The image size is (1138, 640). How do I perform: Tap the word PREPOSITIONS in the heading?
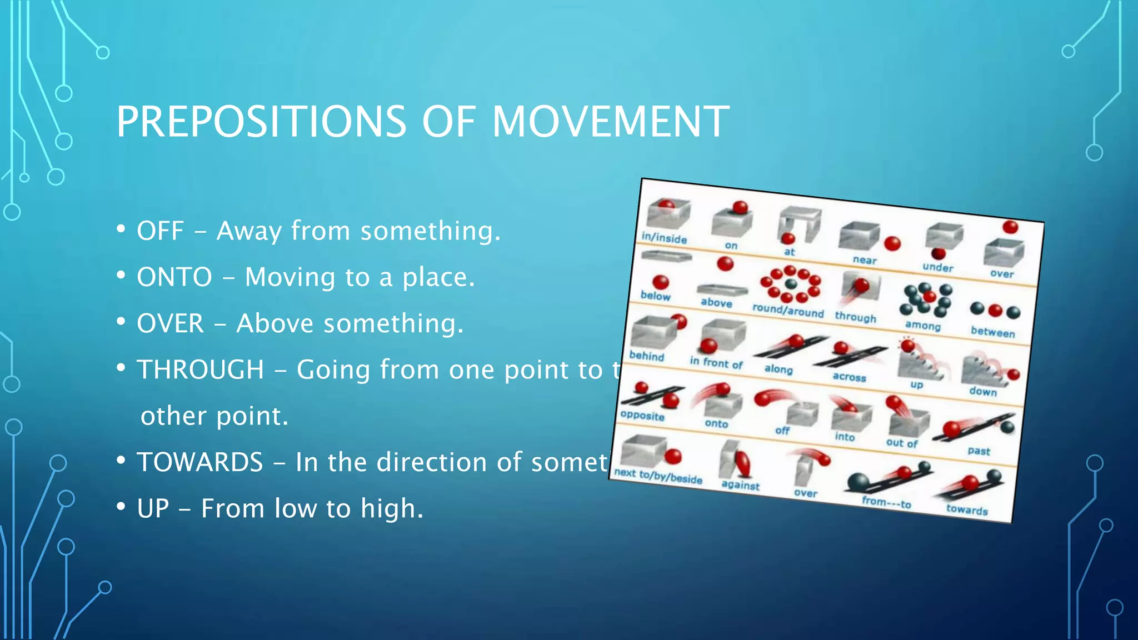click(x=261, y=122)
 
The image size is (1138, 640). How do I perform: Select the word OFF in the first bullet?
click(x=160, y=231)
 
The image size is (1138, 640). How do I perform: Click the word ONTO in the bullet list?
click(x=174, y=277)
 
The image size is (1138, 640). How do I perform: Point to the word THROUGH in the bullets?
click(x=200, y=369)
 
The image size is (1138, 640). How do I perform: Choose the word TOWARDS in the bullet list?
click(x=199, y=462)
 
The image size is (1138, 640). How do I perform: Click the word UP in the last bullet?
click(x=153, y=508)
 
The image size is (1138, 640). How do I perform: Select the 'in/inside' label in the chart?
click(x=664, y=238)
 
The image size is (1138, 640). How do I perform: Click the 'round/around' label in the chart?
click(x=788, y=311)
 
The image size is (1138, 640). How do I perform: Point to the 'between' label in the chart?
click(x=992, y=332)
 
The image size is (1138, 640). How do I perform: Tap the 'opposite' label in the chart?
click(x=642, y=416)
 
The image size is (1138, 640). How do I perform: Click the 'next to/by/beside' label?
click(x=658, y=476)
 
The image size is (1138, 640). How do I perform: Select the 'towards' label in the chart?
click(x=967, y=510)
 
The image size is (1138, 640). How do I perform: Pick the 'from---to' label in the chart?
click(x=886, y=502)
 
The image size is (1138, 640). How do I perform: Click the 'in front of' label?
click(x=716, y=363)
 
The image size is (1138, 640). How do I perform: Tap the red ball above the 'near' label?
click(x=892, y=243)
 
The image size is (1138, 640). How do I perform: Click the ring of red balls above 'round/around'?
click(x=790, y=284)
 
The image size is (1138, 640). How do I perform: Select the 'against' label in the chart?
click(x=740, y=485)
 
